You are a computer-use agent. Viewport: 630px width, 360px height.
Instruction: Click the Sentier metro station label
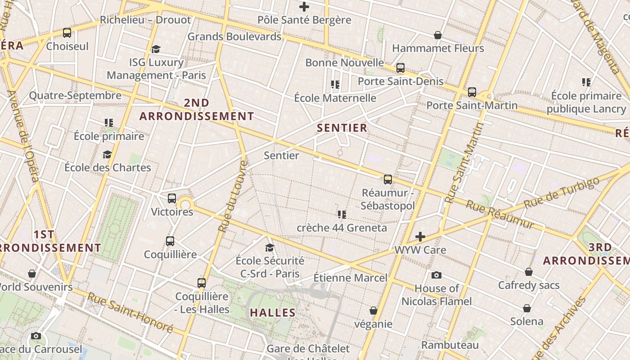(281, 156)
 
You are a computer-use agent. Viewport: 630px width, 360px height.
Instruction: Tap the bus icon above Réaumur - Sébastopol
(388, 180)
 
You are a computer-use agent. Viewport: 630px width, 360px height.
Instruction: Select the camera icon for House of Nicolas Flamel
(436, 275)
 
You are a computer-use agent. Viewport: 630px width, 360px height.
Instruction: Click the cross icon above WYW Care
(420, 237)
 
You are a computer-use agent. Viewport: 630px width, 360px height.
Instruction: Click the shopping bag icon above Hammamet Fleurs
(437, 35)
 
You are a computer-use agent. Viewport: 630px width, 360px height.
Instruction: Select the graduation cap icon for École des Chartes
(107, 154)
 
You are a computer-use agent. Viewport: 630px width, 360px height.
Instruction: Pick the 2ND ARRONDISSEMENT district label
(197, 109)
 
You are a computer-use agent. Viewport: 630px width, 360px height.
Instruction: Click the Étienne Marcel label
(350, 278)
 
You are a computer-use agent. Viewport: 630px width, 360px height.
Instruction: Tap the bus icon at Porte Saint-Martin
(472, 92)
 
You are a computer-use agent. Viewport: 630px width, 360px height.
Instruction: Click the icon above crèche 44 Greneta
(342, 214)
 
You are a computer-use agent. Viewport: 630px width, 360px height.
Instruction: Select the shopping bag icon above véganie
(373, 310)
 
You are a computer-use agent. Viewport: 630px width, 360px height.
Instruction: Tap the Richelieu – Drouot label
(145, 20)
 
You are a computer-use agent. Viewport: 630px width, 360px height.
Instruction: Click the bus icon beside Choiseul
(67, 33)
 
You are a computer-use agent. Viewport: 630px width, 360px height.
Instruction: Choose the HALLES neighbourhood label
(273, 313)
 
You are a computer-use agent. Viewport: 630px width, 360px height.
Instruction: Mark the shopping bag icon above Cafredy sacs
(529, 272)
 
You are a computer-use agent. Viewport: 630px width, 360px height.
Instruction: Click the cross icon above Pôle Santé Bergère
(304, 7)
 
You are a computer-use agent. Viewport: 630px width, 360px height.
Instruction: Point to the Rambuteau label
(450, 345)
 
